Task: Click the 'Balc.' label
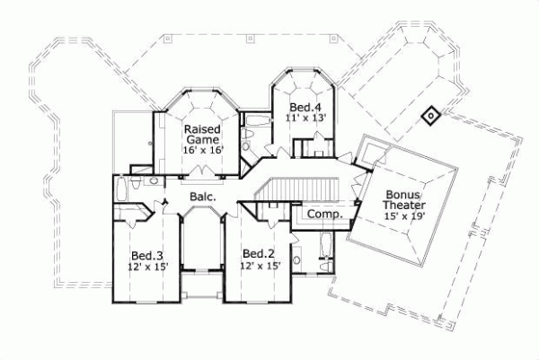point(201,196)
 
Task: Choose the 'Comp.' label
point(321,215)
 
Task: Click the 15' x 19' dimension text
point(403,216)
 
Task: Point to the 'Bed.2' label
point(259,254)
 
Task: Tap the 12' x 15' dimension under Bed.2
point(259,267)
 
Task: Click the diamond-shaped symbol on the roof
point(430,115)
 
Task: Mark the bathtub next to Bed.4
point(257,123)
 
